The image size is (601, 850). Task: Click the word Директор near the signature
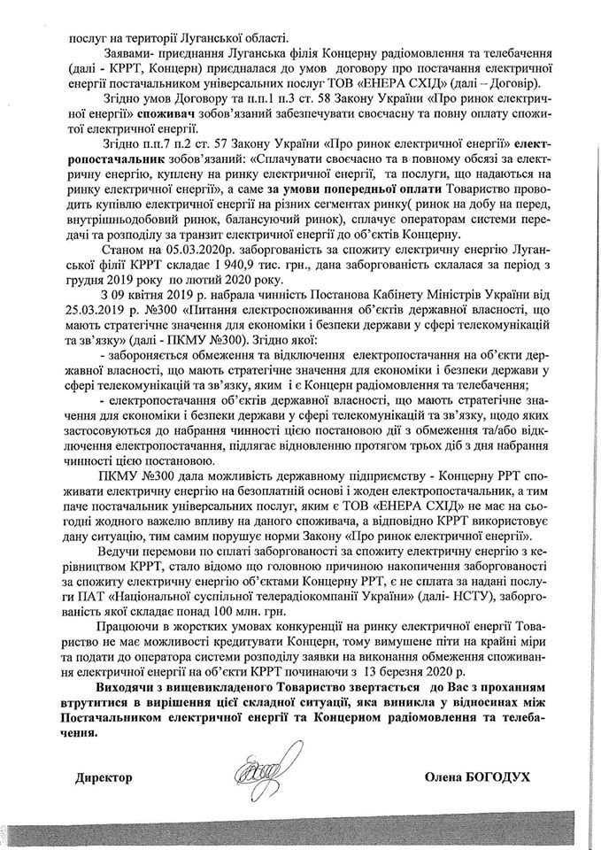click(x=104, y=776)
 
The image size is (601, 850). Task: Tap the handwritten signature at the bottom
click(x=262, y=772)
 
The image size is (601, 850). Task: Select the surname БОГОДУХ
click(x=497, y=776)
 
